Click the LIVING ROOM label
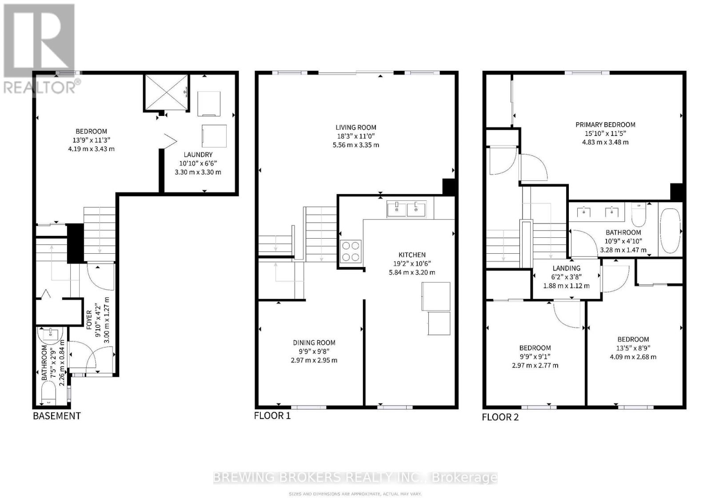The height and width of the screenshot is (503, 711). (x=356, y=128)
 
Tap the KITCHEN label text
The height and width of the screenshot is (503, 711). (x=412, y=255)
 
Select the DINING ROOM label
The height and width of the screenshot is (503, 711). (x=314, y=343)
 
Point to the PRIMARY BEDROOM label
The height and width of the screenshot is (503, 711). (x=605, y=125)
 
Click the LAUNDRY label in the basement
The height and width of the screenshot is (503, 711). (x=198, y=155)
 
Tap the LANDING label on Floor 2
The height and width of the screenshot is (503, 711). (x=566, y=268)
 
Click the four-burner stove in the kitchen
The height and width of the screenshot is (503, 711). (x=351, y=251)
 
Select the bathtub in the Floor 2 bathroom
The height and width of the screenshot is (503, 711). (x=670, y=231)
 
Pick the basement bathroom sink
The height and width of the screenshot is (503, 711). (x=51, y=334)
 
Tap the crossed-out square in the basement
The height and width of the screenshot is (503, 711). (x=166, y=92)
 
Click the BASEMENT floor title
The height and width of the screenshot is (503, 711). (x=57, y=416)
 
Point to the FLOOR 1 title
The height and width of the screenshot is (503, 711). (x=272, y=415)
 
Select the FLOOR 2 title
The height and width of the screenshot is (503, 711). (x=500, y=417)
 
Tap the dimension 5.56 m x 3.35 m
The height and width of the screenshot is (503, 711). (x=356, y=145)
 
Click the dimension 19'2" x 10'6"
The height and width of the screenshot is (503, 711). (x=412, y=263)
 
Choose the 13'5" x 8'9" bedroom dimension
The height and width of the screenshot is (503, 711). (x=633, y=348)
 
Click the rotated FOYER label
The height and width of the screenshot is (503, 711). (x=89, y=319)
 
